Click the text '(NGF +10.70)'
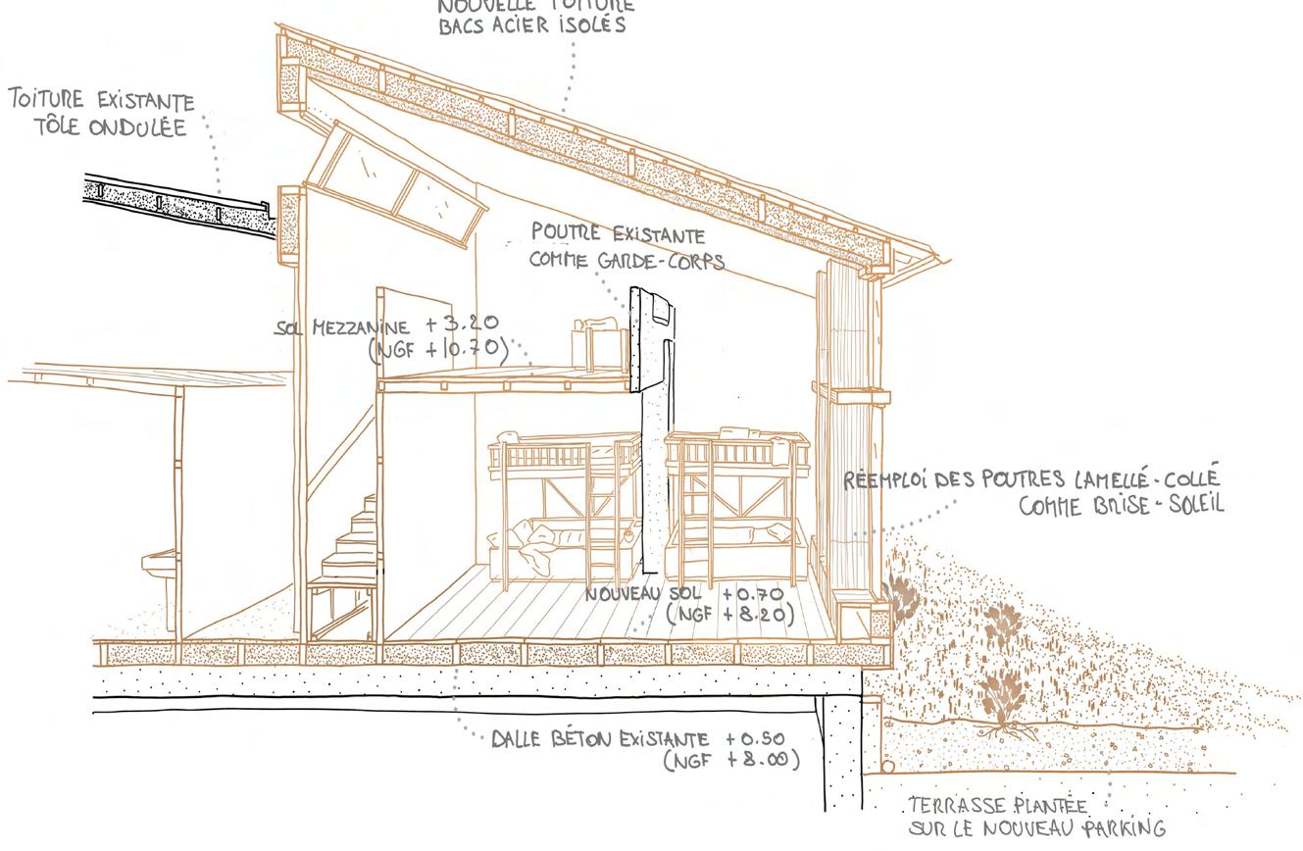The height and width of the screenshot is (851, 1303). click(439, 348)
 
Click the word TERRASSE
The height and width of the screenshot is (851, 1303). click(948, 806)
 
